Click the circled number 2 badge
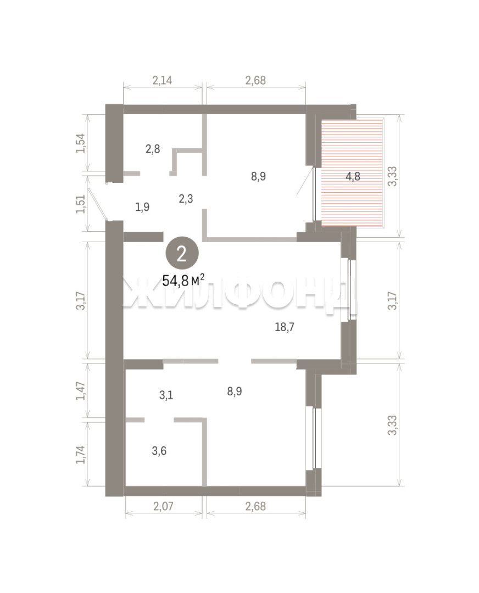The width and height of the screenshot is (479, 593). click(182, 254)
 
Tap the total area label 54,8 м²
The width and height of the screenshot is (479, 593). click(183, 280)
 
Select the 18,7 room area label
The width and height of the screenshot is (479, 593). click(285, 327)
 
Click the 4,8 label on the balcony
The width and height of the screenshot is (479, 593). click(353, 176)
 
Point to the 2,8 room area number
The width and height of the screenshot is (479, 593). click(153, 149)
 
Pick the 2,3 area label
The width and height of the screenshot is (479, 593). click(186, 199)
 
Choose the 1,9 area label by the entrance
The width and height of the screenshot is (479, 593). click(142, 207)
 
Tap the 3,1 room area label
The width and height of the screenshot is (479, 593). click(166, 395)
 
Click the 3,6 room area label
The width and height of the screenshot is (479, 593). click(159, 451)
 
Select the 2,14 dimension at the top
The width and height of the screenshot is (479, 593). click(162, 80)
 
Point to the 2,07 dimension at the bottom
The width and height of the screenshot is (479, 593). click(163, 506)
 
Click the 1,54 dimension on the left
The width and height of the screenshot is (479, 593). click(81, 143)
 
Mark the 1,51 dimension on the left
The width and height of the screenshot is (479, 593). click(81, 204)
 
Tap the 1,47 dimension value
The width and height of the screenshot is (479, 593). click(81, 391)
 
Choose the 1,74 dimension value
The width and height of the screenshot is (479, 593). click(81, 455)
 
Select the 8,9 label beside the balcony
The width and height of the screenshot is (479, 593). click(258, 176)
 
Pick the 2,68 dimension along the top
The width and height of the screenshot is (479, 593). click(256, 80)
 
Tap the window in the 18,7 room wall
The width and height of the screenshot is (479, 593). click(351, 290)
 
